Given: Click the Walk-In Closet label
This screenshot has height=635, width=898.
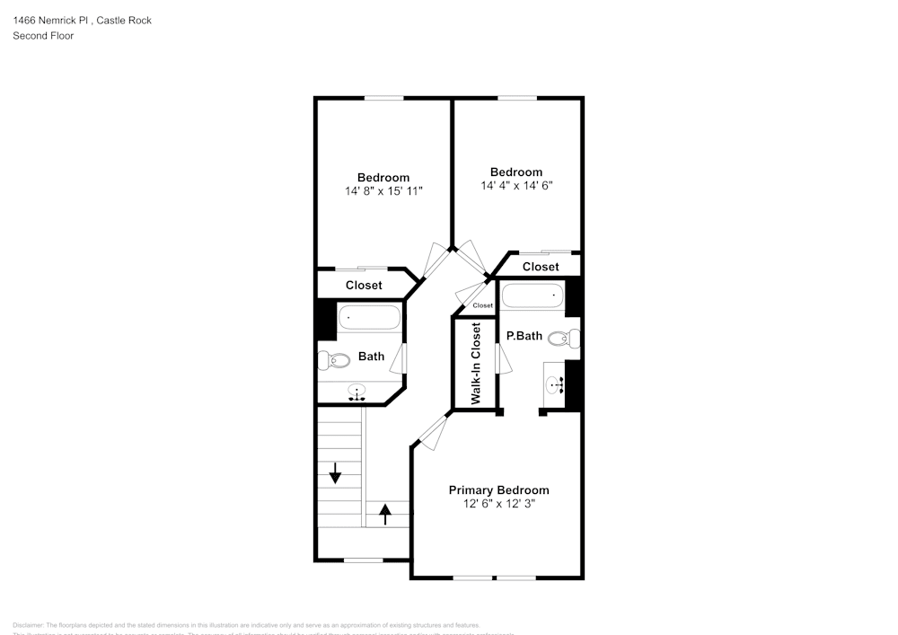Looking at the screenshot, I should [x=476, y=363].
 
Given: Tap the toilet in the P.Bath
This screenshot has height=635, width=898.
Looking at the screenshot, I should [x=562, y=338].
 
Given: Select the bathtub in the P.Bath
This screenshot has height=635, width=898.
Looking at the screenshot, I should [x=532, y=295].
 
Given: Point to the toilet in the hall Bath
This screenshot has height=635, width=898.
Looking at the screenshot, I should [x=335, y=361].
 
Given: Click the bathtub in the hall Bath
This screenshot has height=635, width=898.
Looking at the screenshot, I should [x=369, y=318].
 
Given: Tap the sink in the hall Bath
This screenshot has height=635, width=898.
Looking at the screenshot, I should [x=358, y=392].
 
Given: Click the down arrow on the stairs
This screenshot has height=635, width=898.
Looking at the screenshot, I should [x=335, y=472].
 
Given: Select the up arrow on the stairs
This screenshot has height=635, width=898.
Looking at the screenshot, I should [x=386, y=514].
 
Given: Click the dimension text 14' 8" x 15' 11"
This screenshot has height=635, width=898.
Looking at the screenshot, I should [x=383, y=191].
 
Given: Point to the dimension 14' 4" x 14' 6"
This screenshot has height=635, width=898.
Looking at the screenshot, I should [x=516, y=186].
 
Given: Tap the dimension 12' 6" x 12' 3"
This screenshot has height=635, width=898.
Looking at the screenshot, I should [x=498, y=505].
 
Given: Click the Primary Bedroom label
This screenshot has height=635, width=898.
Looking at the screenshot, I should [x=498, y=489].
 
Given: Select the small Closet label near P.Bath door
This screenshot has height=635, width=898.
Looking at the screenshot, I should [x=482, y=305].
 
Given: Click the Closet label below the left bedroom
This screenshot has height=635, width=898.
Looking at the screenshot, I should [x=364, y=285].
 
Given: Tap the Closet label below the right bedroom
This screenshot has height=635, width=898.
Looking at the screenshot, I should [x=541, y=267].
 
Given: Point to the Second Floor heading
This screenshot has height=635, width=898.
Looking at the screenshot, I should [x=43, y=36].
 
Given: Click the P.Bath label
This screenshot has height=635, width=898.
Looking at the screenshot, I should [x=524, y=336].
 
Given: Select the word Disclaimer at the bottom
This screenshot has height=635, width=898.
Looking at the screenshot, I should [x=28, y=625].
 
